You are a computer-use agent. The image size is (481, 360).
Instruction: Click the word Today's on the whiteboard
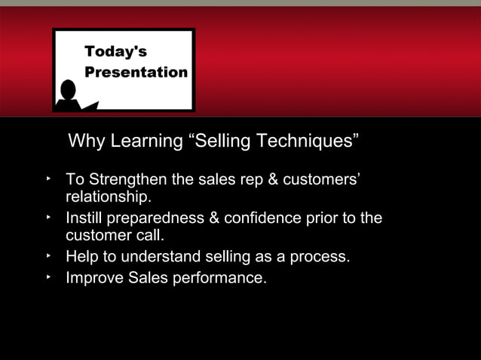coord(116,52)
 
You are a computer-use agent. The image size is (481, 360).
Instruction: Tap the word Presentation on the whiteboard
coord(136,72)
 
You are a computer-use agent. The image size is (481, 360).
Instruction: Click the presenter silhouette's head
coord(69,90)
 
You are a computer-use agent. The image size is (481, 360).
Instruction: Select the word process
coord(319,258)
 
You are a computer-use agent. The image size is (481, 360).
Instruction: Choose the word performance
coord(219,278)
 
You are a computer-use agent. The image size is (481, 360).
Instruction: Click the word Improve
coord(93,278)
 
